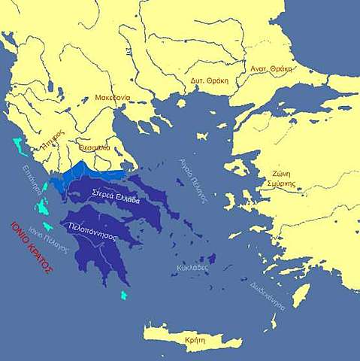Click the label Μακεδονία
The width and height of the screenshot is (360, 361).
tap(113, 98)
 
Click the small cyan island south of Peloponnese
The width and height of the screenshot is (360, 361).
tap(124, 294)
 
